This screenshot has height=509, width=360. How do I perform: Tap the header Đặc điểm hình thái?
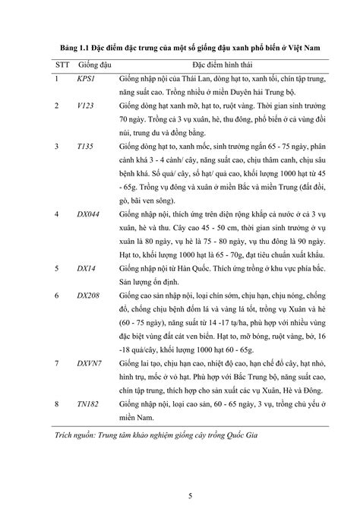coord(223,66)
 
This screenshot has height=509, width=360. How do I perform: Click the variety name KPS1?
coord(85,78)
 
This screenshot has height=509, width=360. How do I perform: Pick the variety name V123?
coord(86,108)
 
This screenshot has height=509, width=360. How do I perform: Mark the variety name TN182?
coord(89,406)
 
